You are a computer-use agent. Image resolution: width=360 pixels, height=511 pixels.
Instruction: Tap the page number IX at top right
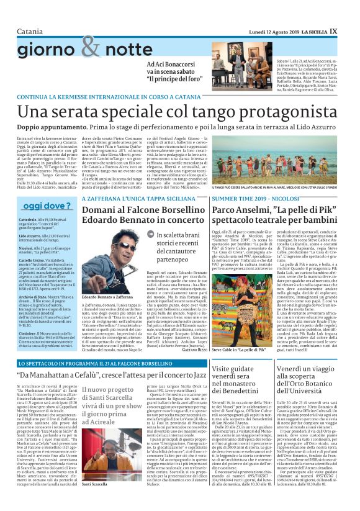click(x=351, y=13)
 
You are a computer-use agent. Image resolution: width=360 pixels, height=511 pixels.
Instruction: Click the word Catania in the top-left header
click(x=17, y=14)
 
